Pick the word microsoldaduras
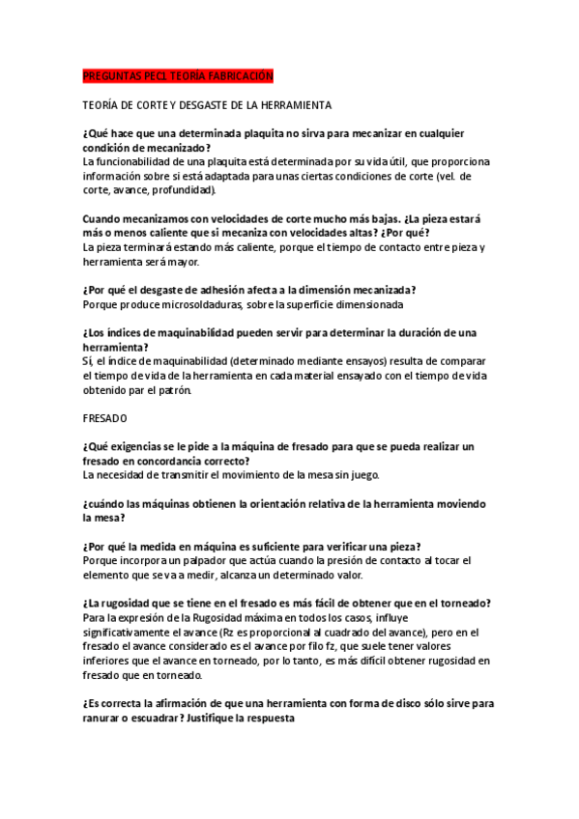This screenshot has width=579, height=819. (x=186, y=304)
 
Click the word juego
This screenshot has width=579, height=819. (x=365, y=475)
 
